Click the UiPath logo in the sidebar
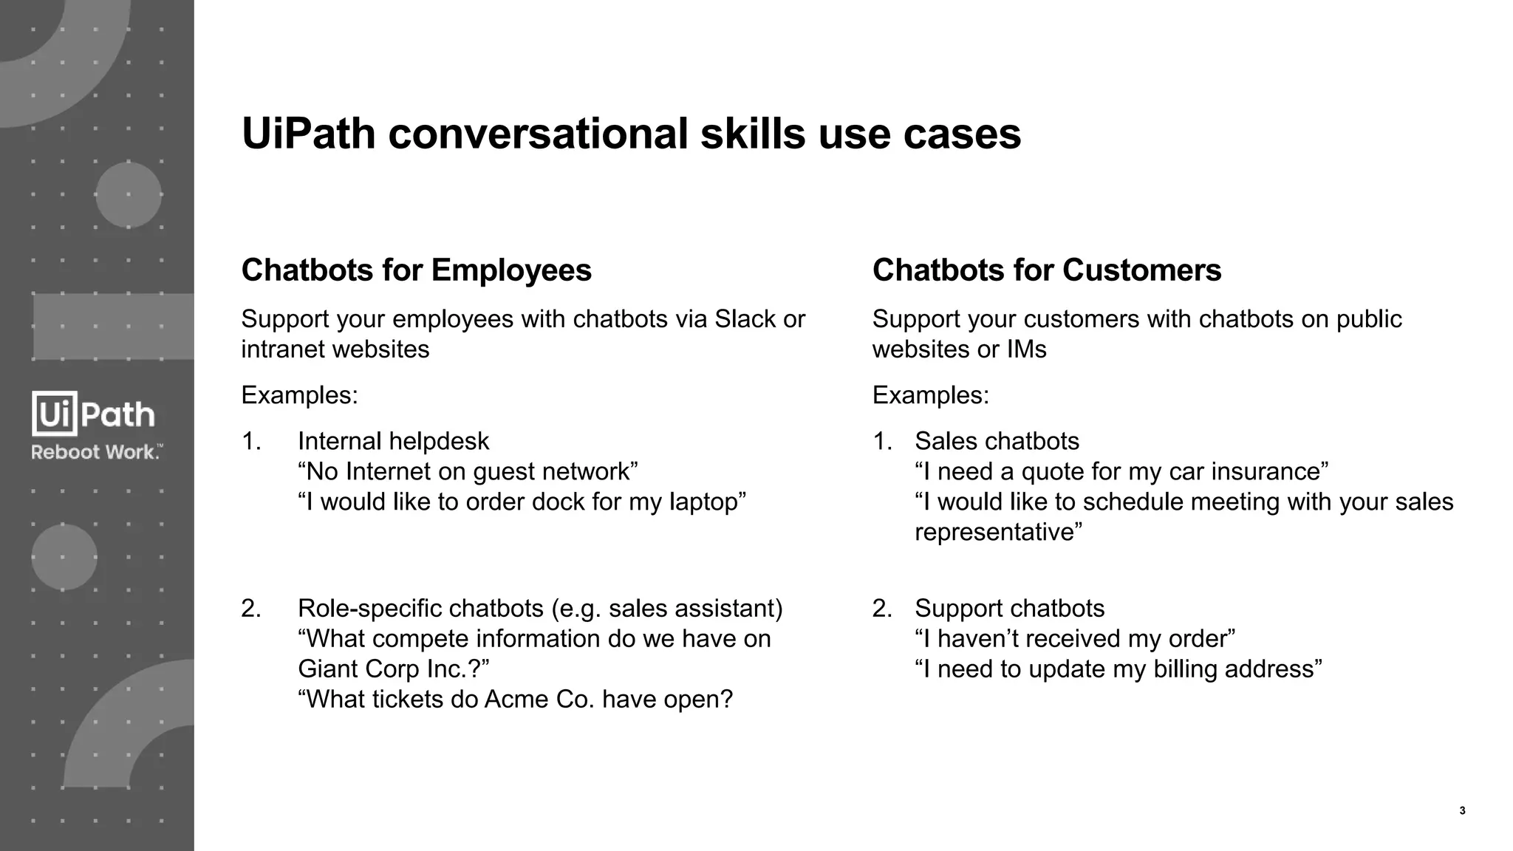click(93, 414)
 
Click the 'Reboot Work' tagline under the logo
click(96, 452)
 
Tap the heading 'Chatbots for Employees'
click(416, 270)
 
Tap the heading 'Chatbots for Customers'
click(1046, 270)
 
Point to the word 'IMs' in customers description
click(1026, 349)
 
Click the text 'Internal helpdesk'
click(393, 441)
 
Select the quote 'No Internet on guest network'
click(468, 471)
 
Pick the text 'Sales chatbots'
click(997, 441)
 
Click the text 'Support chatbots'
click(1009, 608)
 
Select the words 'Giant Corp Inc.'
click(389, 669)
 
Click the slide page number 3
click(1462, 811)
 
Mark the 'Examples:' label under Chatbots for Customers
click(930, 395)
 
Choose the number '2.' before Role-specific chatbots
click(251, 608)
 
